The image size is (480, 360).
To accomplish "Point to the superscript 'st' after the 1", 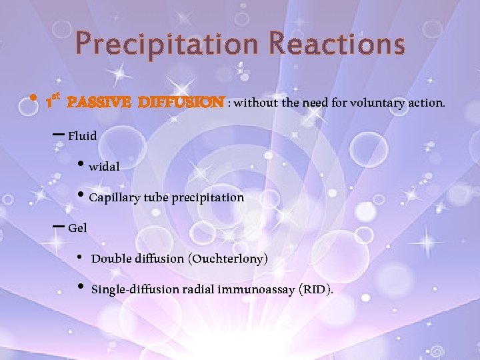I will click(57, 97).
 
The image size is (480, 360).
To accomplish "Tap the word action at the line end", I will click(427, 103).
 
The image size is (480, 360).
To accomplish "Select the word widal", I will click(104, 167).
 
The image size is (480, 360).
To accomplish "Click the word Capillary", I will click(113, 198).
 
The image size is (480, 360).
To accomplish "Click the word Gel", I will click(77, 229).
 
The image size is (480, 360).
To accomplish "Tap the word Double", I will click(109, 259).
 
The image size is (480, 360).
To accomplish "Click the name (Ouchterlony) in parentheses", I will click(229, 259).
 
